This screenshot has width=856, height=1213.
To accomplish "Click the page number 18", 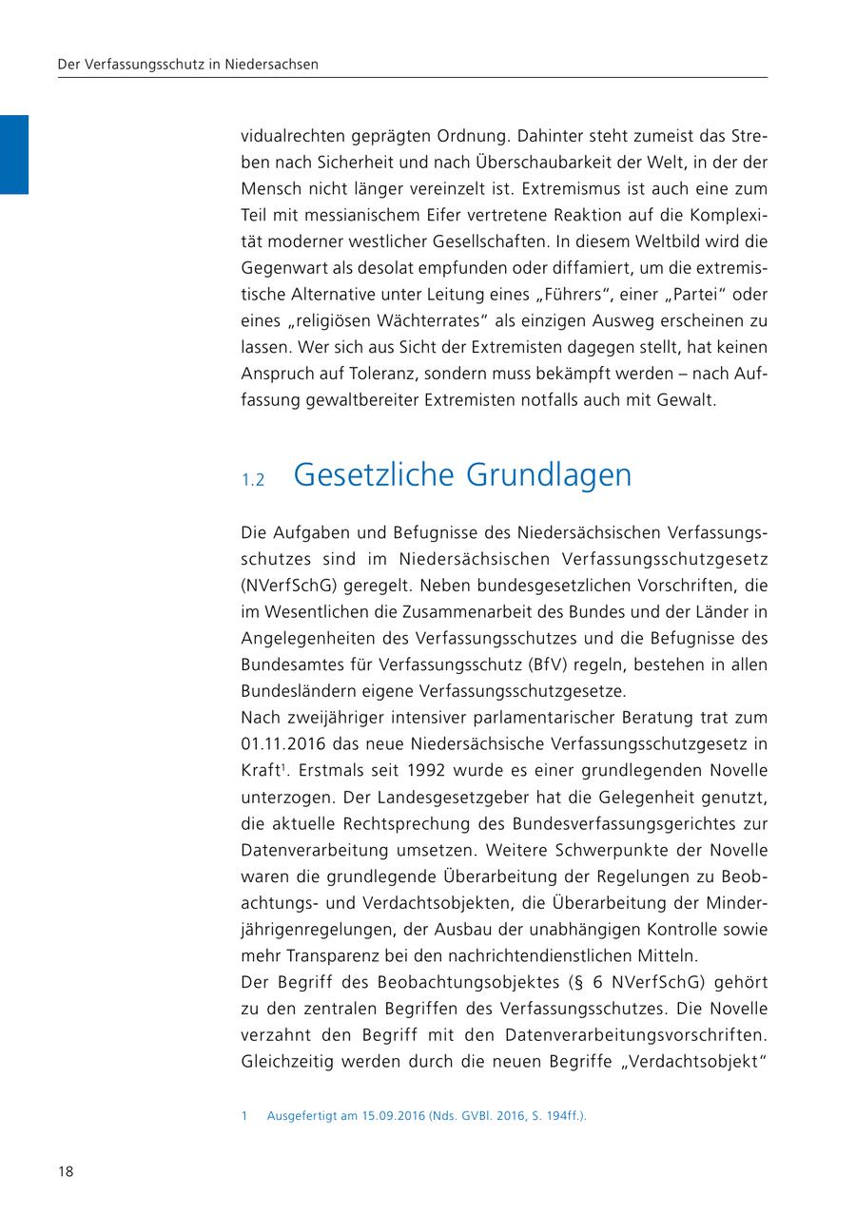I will click(x=66, y=1171).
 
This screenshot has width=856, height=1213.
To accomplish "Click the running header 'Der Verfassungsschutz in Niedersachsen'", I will click(x=188, y=65).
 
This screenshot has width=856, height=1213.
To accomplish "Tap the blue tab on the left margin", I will click(x=14, y=154).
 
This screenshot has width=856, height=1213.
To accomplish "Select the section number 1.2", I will click(x=252, y=479).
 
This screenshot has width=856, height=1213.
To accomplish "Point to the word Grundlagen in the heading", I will click(x=551, y=474).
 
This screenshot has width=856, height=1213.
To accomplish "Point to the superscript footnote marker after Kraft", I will click(x=283, y=765).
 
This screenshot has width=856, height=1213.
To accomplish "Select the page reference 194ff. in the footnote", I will click(x=564, y=1116).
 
